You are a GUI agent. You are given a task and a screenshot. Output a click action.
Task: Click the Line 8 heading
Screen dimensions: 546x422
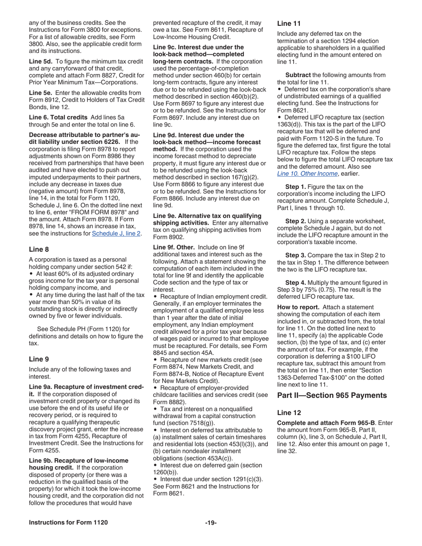tap(38, 249)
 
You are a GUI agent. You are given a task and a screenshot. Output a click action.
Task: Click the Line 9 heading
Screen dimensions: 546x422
tap(38, 359)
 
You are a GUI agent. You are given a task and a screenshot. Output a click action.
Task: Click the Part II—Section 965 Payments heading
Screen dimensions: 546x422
tap(332, 395)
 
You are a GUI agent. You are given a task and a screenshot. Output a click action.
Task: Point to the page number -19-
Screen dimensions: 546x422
tap(211, 522)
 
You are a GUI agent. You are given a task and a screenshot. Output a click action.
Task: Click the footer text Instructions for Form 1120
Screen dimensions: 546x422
tap(68, 522)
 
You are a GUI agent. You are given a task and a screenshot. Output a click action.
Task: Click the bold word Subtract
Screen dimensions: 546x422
tap(298, 75)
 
